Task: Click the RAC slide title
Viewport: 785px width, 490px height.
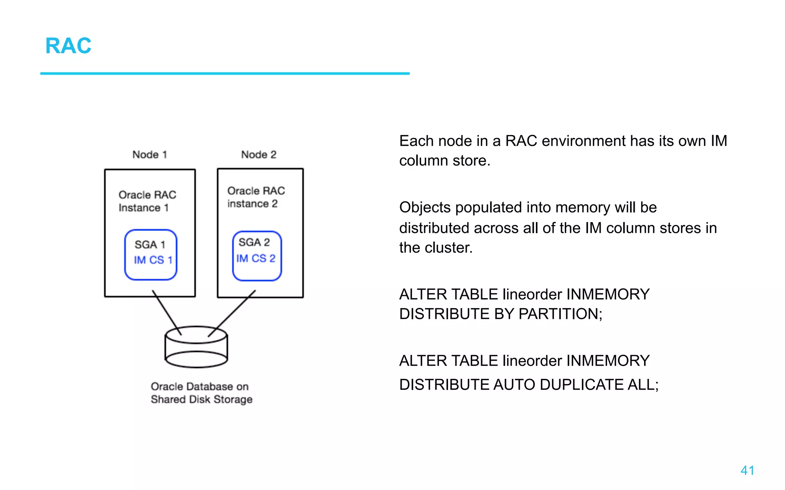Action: tap(68, 46)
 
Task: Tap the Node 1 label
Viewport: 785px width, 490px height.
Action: tap(149, 155)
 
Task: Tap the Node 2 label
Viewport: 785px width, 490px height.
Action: tap(258, 155)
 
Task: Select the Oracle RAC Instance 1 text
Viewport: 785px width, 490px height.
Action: tap(147, 201)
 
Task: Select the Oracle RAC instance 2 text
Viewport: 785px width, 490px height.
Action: tap(256, 197)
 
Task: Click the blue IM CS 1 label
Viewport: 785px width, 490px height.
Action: tap(153, 260)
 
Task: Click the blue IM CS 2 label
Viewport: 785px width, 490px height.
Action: tap(256, 258)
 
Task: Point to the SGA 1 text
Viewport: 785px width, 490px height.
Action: tap(149, 245)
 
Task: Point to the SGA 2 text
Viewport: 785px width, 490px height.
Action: tap(254, 242)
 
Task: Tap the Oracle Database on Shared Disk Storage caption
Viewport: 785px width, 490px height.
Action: tap(201, 393)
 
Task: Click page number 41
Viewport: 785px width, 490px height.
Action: tap(747, 470)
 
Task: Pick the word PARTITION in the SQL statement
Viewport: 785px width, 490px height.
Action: tap(560, 314)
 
